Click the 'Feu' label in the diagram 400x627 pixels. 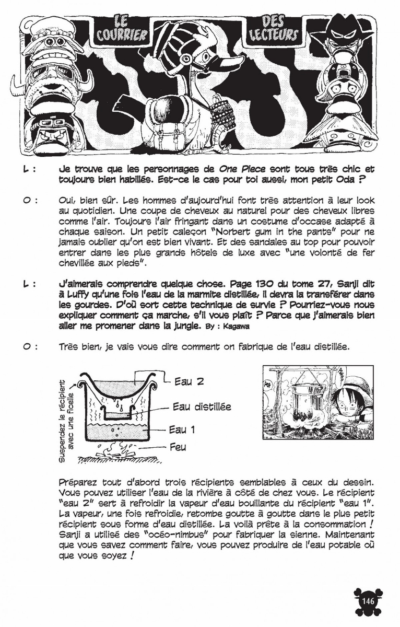tap(178, 447)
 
